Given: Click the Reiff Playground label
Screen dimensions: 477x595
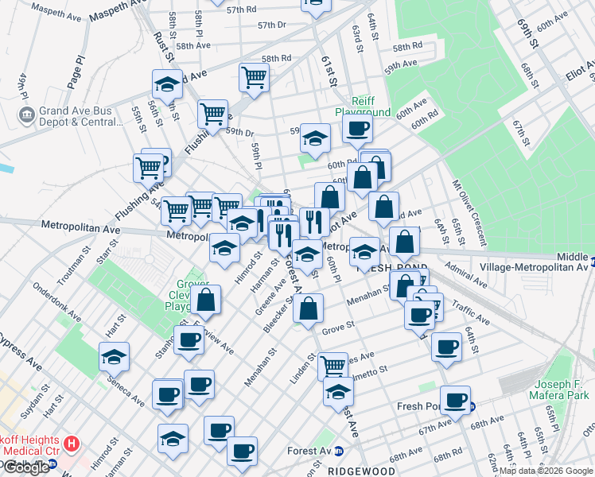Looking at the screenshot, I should tap(362, 107).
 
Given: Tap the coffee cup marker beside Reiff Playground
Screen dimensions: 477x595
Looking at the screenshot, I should tap(357, 130).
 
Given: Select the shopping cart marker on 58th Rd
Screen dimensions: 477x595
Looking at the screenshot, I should tap(254, 78).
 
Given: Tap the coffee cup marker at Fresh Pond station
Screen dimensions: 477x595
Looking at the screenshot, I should tap(455, 400).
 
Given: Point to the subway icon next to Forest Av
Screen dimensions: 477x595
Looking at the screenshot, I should tap(338, 451).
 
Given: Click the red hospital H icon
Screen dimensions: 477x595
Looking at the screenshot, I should tap(72, 442).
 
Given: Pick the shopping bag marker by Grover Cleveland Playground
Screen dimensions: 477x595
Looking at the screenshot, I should tap(205, 300).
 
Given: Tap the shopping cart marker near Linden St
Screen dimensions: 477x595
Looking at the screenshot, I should tap(332, 366).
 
